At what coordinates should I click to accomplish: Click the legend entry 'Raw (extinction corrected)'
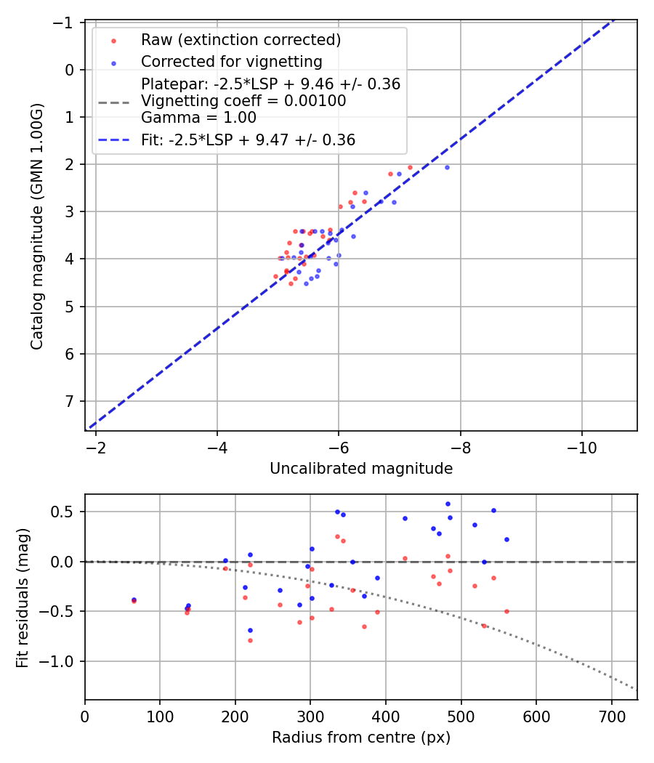click(241, 39)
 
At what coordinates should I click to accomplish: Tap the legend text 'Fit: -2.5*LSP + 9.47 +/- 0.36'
click(248, 140)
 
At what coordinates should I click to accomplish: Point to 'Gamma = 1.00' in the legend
click(198, 117)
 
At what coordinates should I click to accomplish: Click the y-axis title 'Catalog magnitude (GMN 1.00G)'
click(36, 227)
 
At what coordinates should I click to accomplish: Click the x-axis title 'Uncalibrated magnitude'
click(361, 469)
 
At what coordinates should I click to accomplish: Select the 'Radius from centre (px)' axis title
click(361, 738)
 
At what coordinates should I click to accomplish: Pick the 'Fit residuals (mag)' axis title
click(23, 597)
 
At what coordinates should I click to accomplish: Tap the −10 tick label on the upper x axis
click(581, 447)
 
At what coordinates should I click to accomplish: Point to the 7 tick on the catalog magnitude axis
click(70, 401)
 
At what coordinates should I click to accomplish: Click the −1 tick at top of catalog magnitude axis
click(65, 23)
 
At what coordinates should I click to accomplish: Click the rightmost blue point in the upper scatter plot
click(447, 167)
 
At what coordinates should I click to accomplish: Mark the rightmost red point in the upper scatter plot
click(410, 167)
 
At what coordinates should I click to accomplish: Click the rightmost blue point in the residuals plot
click(506, 539)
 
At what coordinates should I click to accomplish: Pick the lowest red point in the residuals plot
click(250, 640)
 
